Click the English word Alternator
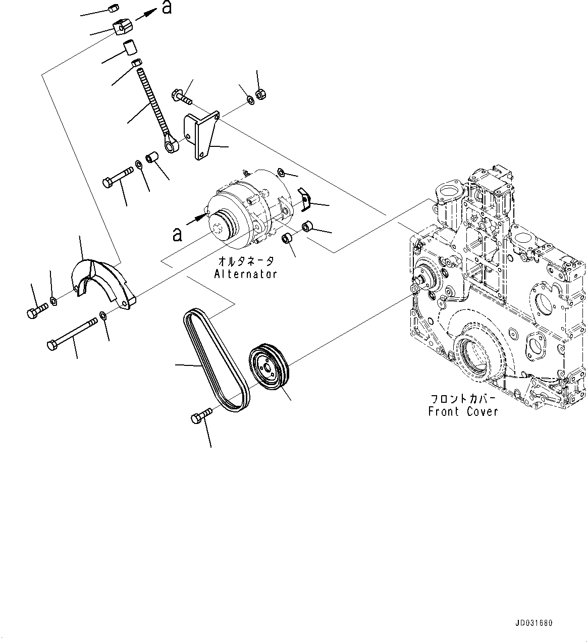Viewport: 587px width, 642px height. [x=245, y=274]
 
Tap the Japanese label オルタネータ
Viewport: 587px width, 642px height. [x=246, y=261]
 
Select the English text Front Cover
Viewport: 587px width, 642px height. [x=463, y=411]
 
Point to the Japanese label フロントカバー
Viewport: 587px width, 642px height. [x=463, y=398]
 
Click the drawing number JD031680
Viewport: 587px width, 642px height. [x=534, y=623]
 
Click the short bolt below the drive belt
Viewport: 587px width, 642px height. [x=201, y=416]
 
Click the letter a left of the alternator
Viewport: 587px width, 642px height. [x=177, y=234]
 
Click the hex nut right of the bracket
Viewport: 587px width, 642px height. [x=261, y=93]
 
